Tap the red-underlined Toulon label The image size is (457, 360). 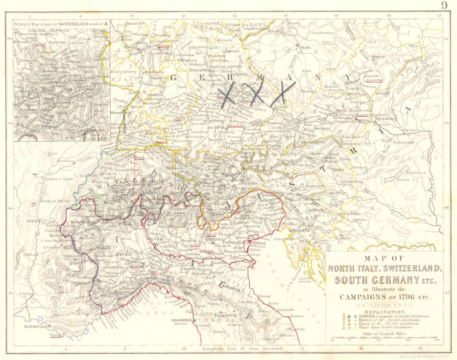pos(55,335)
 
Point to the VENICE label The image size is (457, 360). pos(259,243)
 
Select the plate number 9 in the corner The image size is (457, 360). pos(444,5)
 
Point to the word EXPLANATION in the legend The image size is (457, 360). pos(385,310)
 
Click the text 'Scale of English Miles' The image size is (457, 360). pos(385,334)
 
